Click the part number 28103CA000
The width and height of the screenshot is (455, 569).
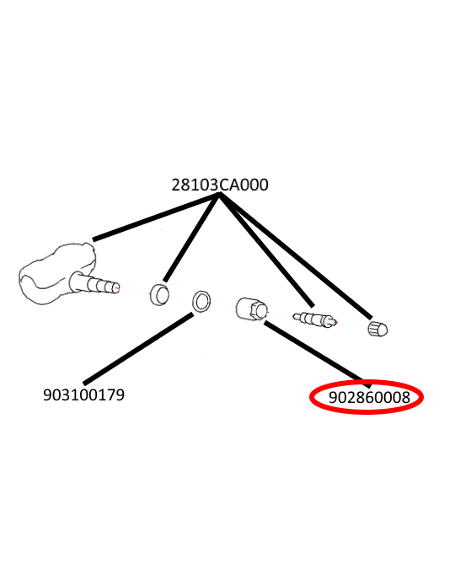pos(220,185)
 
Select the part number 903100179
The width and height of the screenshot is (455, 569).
pos(83,395)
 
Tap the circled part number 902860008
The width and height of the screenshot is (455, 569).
pos(369,398)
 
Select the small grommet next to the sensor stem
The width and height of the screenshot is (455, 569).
pos(159,295)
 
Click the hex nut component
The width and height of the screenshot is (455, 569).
pos(252,309)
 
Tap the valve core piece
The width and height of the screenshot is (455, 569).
pos(315,319)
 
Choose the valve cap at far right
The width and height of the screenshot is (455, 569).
pos(377,329)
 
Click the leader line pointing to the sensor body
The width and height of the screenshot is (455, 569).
pos(156,217)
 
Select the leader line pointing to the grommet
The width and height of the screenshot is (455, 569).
pos(191,238)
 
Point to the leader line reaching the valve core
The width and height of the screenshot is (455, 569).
pos(266,250)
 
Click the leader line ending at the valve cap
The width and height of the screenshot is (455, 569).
pos(296,255)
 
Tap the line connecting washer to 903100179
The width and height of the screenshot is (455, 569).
pos(138,349)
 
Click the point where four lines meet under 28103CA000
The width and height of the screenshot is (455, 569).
pos(219,194)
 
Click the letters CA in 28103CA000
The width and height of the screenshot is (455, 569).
pos(229,185)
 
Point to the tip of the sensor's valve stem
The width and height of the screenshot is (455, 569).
pos(118,287)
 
